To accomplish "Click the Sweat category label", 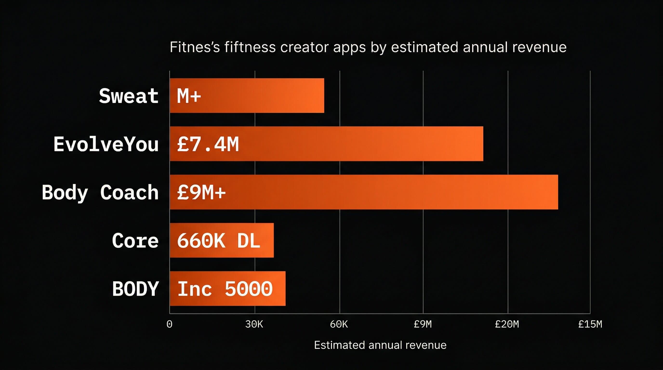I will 128,96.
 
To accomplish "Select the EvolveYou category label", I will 106,144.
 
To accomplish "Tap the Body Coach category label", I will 100,192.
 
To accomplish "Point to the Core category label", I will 135,241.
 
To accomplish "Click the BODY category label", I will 135,289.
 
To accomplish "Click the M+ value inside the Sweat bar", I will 189,96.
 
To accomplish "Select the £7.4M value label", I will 208,144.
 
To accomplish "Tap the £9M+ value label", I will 201,192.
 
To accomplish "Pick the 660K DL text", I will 219,241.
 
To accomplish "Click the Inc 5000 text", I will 225,289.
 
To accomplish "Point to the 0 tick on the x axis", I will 169,324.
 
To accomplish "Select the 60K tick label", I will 339,324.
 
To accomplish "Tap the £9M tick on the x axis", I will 423,324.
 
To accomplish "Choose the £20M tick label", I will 507,324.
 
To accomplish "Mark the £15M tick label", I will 590,324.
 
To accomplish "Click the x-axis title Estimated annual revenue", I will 380,345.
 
